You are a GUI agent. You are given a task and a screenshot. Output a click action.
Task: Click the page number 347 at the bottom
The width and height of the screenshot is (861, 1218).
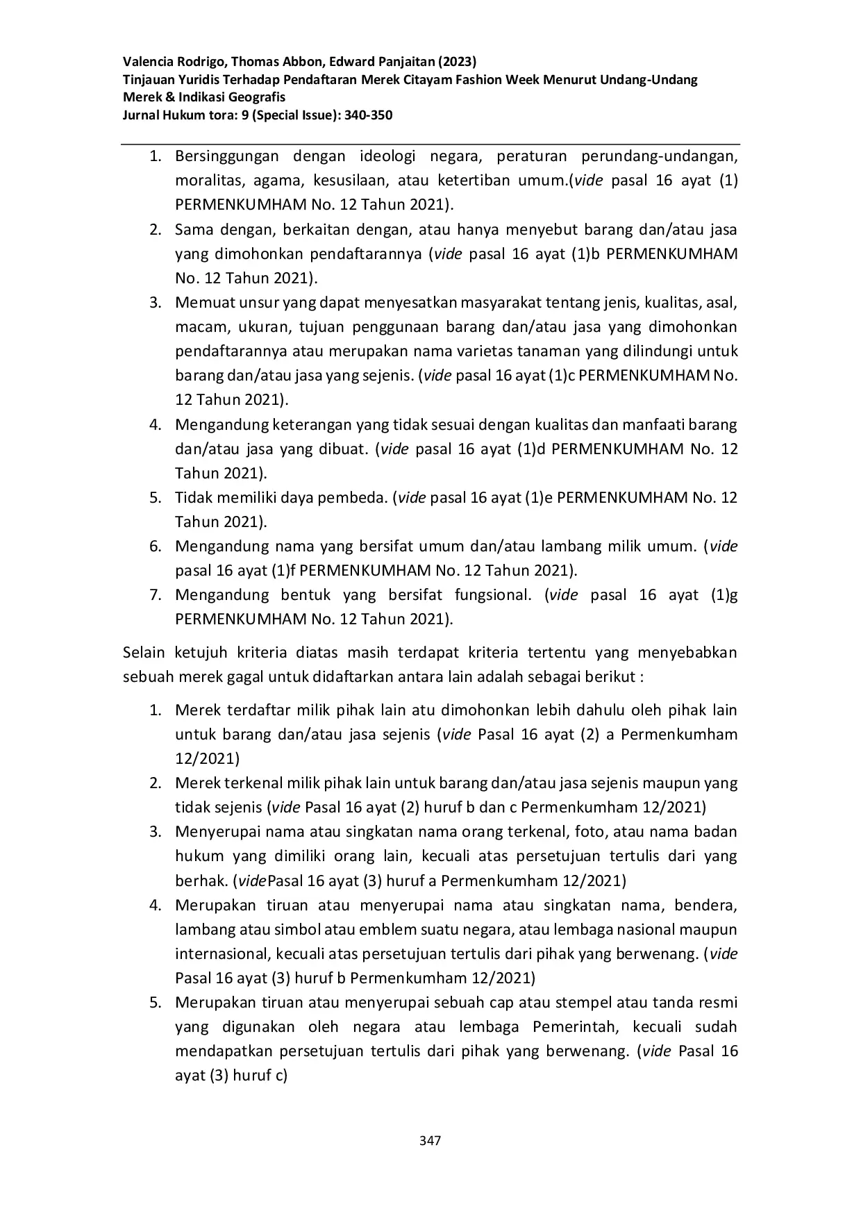(x=430, y=1140)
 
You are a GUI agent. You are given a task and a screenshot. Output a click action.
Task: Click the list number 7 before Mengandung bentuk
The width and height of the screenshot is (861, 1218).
(x=156, y=595)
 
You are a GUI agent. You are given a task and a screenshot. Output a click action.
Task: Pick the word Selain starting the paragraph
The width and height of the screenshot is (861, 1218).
(x=144, y=653)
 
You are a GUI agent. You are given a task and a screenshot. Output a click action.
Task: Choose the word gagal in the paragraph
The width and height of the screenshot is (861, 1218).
(x=246, y=677)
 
